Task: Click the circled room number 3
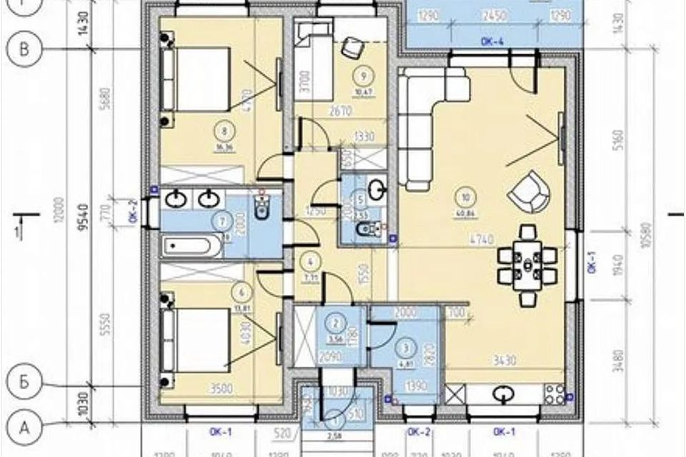point(407,348)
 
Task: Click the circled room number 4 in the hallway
point(311,260)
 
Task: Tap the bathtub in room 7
point(192,247)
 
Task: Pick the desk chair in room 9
point(351,47)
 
